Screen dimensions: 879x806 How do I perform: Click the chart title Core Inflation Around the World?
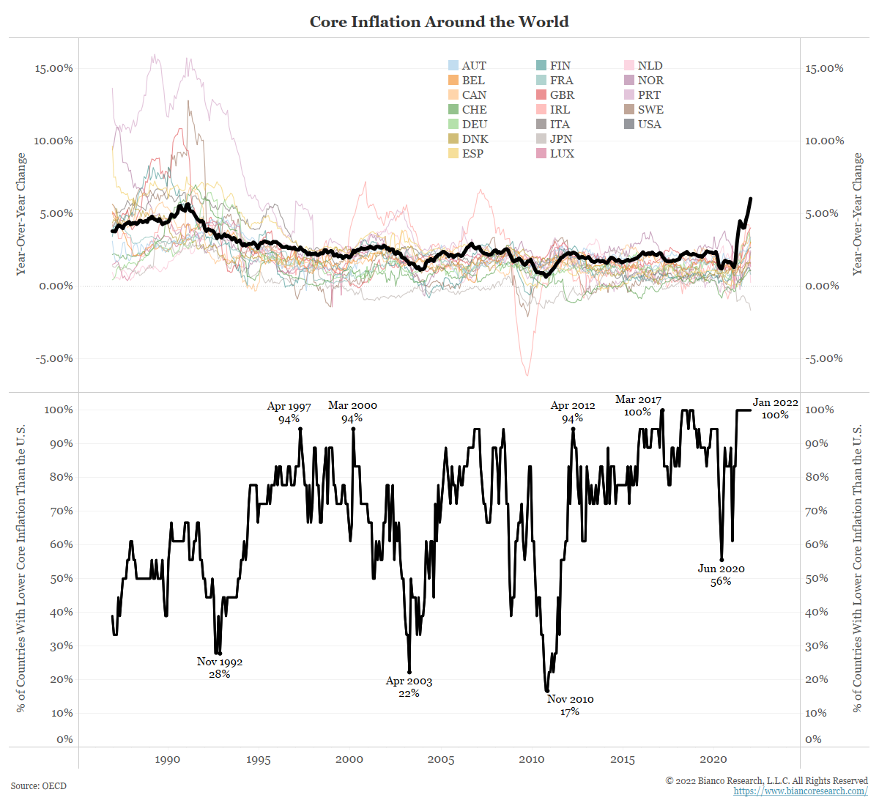(439, 21)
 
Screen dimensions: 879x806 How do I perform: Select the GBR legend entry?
(555, 95)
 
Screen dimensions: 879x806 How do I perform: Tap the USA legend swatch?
(628, 124)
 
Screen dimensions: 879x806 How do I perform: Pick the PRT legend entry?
(642, 95)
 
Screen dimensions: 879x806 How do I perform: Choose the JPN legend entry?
(555, 138)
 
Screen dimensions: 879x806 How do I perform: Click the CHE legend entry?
(467, 109)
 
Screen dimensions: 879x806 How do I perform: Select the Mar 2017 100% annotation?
(638, 406)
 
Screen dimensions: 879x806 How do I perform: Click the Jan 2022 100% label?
(775, 409)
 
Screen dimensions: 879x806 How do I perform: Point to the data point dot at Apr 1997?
(300, 429)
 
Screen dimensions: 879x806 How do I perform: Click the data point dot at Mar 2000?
(353, 429)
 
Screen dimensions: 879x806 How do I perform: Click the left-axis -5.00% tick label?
(54, 358)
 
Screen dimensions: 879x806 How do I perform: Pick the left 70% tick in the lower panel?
(62, 511)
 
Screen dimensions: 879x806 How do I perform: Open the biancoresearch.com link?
(801, 791)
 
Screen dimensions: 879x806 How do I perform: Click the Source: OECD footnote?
(39, 785)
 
